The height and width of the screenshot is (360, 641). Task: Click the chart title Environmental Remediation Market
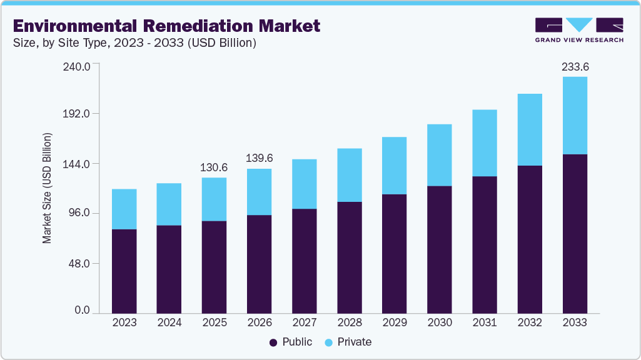(166, 26)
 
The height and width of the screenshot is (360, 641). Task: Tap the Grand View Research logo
(578, 29)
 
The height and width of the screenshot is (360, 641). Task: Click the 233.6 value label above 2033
(575, 66)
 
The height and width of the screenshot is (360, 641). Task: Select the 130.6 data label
(214, 167)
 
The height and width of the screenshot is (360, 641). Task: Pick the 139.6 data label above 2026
(259, 159)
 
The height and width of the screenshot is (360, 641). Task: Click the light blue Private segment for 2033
(575, 116)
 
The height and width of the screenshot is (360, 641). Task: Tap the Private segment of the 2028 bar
(349, 175)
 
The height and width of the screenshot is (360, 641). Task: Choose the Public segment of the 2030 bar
(439, 249)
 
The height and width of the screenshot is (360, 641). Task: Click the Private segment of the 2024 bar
(169, 204)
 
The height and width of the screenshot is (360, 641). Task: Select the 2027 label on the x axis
(304, 322)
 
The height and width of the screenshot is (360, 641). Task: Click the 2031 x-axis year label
(484, 322)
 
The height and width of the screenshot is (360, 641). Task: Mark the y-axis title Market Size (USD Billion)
(47, 188)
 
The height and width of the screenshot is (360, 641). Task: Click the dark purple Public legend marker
(273, 342)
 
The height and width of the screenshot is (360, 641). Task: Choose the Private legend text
(354, 342)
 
